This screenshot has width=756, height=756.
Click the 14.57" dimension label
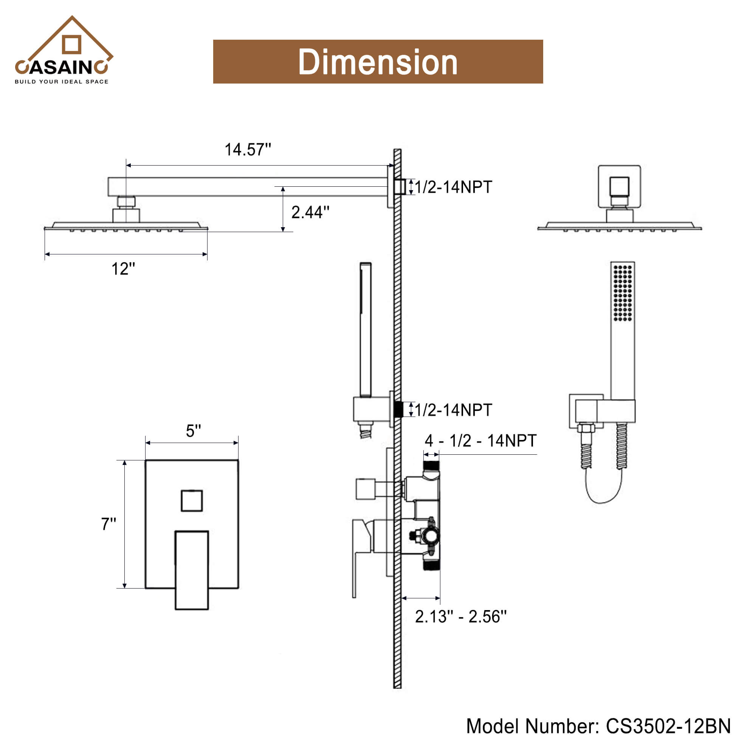pos(247,150)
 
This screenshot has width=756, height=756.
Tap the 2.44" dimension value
pos(310,212)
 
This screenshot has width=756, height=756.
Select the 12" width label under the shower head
pos(123,269)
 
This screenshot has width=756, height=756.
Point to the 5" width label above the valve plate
pos(193,431)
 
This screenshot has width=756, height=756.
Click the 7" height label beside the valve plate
pos(108,524)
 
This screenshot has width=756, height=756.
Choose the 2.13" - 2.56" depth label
pos(460,617)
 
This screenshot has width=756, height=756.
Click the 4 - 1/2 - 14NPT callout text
pos(480,441)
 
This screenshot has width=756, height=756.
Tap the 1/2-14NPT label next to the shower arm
pos(453,187)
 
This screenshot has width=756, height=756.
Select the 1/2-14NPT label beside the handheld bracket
pos(453,410)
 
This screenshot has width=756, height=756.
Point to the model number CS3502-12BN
pos(598,726)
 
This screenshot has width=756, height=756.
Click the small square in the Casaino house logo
pos(71,44)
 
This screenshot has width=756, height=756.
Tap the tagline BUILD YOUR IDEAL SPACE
pos(62,82)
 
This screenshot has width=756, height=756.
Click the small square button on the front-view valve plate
pos(192,500)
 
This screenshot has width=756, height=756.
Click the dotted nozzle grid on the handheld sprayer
pos(623,293)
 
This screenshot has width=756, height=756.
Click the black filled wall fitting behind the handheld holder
pos(398,409)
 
